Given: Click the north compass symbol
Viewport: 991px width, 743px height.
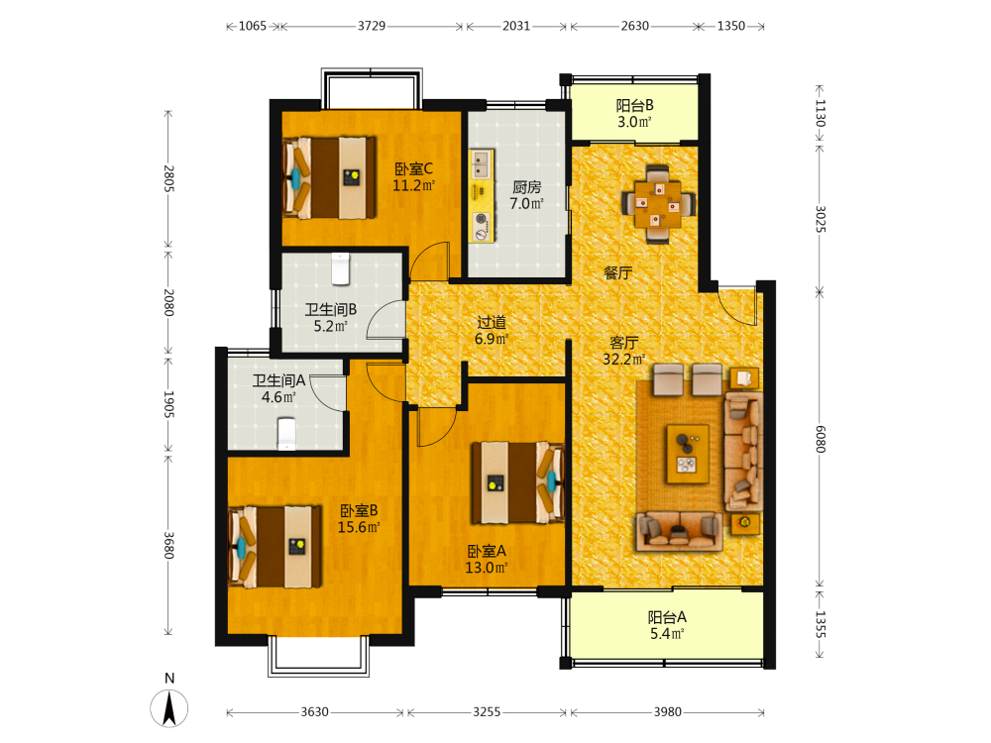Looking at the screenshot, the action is pyautogui.click(x=168, y=707).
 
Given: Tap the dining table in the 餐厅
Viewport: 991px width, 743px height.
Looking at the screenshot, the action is pyautogui.click(x=658, y=204).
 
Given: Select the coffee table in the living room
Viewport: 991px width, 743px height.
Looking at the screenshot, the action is pyautogui.click(x=688, y=454).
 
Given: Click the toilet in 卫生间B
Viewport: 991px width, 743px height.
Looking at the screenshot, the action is pyautogui.click(x=341, y=267).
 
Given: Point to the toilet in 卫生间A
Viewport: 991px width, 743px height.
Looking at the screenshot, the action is pyautogui.click(x=287, y=434).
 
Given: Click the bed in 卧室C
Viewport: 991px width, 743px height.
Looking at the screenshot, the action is pyautogui.click(x=329, y=178).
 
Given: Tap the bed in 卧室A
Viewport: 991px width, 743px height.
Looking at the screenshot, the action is pyautogui.click(x=518, y=482).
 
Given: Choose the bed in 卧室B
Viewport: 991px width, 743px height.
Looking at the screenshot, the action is pyautogui.click(x=275, y=547).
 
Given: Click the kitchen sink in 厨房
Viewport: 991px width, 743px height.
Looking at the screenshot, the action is pyautogui.click(x=482, y=163).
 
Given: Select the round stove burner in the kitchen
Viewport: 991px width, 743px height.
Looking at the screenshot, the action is pyautogui.click(x=482, y=219).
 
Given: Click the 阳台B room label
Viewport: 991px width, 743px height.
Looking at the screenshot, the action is pyautogui.click(x=634, y=106).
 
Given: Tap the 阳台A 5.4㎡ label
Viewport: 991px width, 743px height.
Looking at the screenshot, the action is pyautogui.click(x=667, y=625).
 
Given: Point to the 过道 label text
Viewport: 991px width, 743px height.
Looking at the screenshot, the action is pyautogui.click(x=492, y=322).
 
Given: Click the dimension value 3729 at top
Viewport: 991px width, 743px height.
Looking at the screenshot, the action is pyautogui.click(x=372, y=26).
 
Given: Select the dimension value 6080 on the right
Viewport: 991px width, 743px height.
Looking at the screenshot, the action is pyautogui.click(x=820, y=439).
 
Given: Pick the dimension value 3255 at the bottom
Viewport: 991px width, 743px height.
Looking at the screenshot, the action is pyautogui.click(x=487, y=712).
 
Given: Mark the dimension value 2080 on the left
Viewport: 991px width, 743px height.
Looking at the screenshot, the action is pyautogui.click(x=168, y=302).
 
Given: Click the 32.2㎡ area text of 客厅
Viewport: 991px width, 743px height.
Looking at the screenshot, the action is pyautogui.click(x=623, y=360).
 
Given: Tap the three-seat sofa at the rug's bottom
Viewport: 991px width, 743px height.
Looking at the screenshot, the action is pyautogui.click(x=680, y=530).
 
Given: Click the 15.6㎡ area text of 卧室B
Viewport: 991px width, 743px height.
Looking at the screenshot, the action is pyautogui.click(x=359, y=527).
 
